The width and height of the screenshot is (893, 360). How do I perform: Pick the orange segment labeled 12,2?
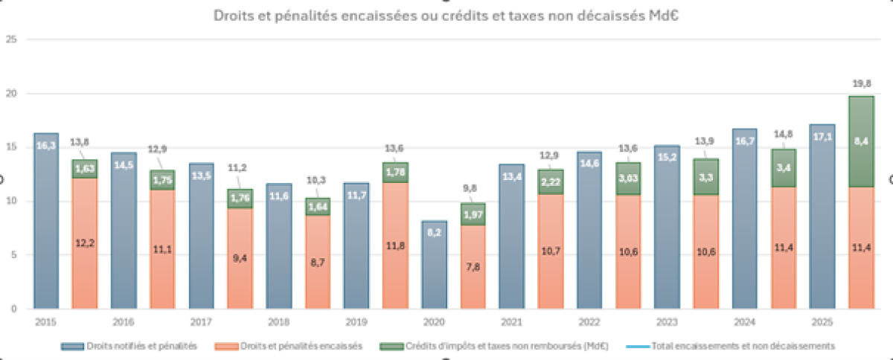[85, 242]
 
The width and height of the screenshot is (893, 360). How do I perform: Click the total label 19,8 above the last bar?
[861, 84]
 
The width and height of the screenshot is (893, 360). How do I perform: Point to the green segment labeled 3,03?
[629, 179]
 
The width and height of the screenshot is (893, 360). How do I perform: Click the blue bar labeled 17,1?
[822, 216]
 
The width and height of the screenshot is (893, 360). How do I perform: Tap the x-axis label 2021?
[511, 322]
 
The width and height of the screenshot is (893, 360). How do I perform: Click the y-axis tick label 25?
[10, 39]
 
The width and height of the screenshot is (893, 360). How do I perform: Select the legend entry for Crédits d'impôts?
[484, 346]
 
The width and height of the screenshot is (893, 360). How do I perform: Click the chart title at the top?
[446, 14]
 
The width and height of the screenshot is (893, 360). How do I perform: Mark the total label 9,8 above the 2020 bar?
[473, 188]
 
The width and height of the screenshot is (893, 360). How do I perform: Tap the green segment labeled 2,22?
[551, 181]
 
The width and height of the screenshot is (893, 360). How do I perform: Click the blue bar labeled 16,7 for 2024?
[745, 219]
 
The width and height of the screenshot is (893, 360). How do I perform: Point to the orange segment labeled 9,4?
[240, 258]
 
